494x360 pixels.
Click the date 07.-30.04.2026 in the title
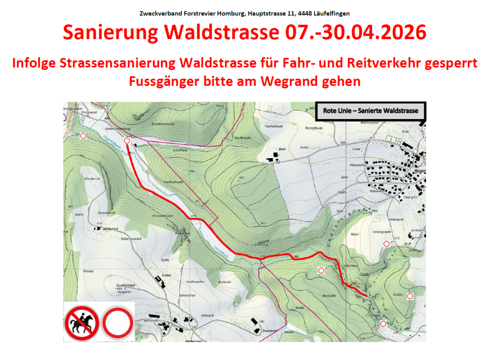tap(353, 32)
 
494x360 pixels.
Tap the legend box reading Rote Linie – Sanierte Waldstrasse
tap(370, 111)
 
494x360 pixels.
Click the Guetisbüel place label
tap(125, 285)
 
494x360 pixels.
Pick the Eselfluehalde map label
tap(172, 182)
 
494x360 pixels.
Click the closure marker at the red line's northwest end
tap(127, 140)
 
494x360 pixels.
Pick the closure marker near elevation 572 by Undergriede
tap(386, 244)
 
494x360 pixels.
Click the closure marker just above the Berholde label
tap(321, 270)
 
